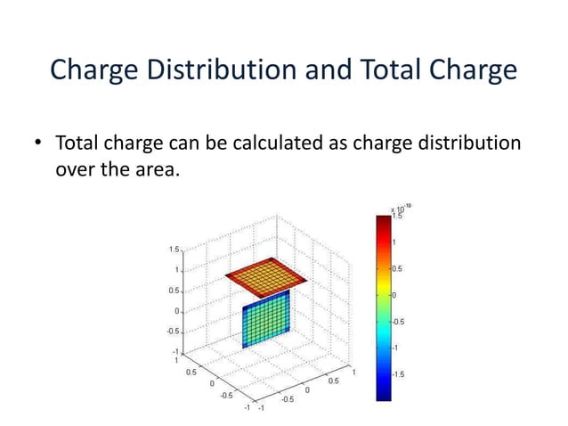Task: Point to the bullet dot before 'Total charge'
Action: pyautogui.click(x=38, y=143)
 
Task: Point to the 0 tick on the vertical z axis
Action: pyautogui.click(x=176, y=311)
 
